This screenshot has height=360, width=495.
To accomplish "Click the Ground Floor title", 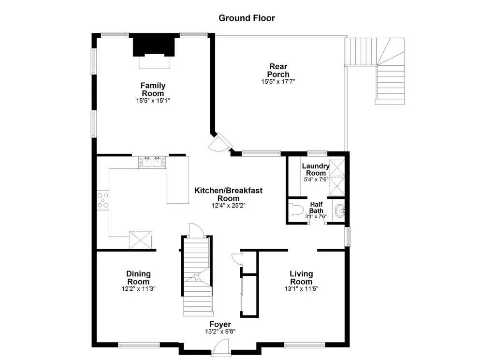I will [x=247, y=18].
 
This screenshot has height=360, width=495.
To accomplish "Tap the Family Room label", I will [x=153, y=90].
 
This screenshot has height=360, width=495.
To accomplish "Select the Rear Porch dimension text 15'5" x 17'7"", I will [x=278, y=82].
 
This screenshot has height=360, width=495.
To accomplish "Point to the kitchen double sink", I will [x=151, y=163].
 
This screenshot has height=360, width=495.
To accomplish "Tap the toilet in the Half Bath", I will [x=295, y=210].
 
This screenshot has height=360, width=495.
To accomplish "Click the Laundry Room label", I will [x=316, y=169].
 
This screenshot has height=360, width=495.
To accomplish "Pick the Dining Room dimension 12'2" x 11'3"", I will [x=138, y=288].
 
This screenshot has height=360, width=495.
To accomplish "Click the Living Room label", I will [x=301, y=278].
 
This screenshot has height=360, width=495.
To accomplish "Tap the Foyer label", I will [x=220, y=324].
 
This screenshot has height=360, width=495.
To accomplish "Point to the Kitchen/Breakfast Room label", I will [x=228, y=194].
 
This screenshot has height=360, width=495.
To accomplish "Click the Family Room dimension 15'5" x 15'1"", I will [x=153, y=101].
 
